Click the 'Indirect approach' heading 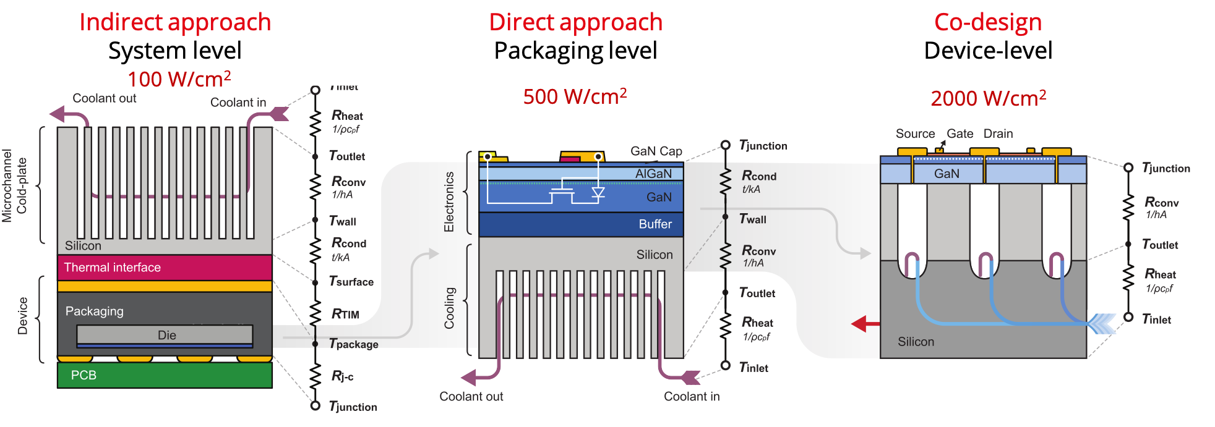point(175,22)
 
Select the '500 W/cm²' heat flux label point(575,96)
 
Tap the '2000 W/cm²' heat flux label point(988,98)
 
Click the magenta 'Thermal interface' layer point(165,268)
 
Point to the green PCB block point(165,375)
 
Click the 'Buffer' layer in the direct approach point(581,224)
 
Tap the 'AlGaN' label point(653,174)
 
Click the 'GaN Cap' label point(656,151)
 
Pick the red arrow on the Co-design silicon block point(864,323)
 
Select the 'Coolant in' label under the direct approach point(692,397)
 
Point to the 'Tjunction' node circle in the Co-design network point(1128,167)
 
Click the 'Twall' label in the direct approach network point(753,219)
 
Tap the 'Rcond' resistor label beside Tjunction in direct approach point(758,176)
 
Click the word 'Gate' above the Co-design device point(960,133)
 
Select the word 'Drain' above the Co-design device point(998,133)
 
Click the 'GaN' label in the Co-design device point(947,174)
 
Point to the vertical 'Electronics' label point(449,201)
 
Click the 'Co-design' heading point(988,22)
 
